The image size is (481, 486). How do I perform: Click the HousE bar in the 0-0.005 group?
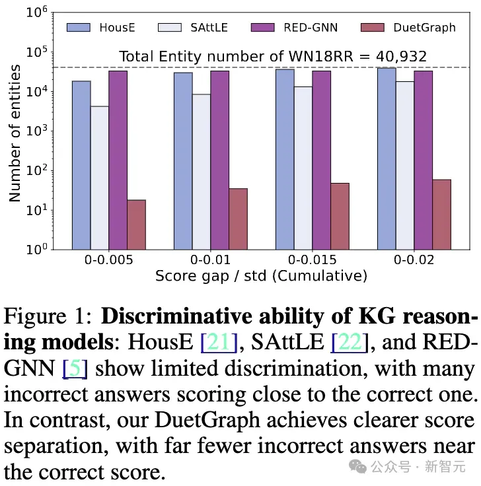click(81, 165)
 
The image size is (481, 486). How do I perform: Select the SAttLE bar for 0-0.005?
click(100, 178)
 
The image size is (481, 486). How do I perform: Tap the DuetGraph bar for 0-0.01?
click(238, 219)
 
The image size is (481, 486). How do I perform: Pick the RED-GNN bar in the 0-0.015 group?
click(321, 160)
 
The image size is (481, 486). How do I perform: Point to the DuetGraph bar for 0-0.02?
click(441, 215)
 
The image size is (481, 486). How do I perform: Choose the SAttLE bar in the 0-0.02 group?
click(405, 166)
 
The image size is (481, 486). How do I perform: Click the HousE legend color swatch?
click(79, 28)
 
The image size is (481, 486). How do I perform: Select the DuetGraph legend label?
click(425, 28)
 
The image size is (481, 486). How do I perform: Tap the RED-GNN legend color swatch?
click(263, 28)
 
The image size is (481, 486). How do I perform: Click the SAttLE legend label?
click(209, 28)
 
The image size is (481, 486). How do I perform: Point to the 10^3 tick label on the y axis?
click(36, 131)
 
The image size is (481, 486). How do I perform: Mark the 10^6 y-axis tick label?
click(36, 12)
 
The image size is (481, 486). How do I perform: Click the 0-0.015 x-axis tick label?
click(312, 260)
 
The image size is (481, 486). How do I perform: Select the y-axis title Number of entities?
click(15, 133)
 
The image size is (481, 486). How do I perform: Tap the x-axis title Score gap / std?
click(211, 276)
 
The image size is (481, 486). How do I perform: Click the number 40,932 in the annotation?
click(401, 56)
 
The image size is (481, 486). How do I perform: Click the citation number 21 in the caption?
click(219, 342)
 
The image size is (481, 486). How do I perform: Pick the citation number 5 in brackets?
click(75, 368)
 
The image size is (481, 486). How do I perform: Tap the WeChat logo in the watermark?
click(358, 466)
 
